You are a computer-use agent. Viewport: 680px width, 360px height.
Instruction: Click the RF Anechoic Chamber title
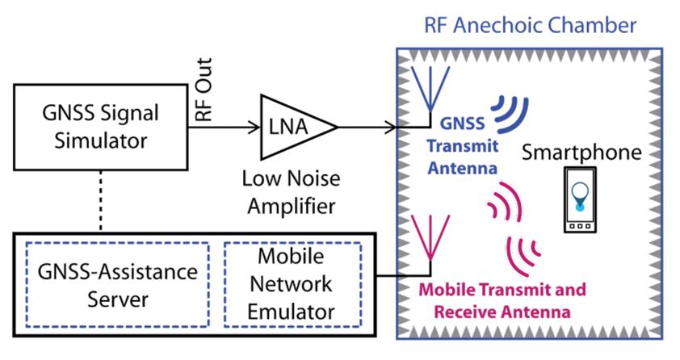[530, 24]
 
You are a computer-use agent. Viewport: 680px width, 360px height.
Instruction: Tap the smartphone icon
[579, 202]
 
